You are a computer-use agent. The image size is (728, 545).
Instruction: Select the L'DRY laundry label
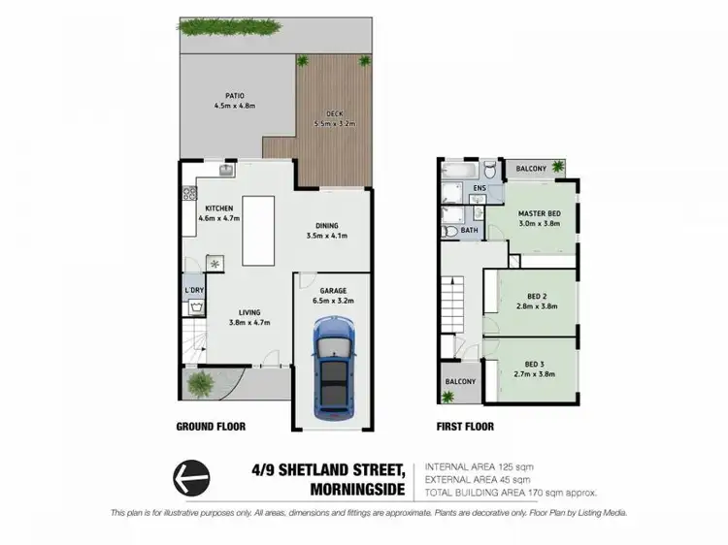pyautogui.click(x=194, y=291)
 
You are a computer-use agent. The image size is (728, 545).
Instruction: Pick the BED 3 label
pyautogui.click(x=538, y=367)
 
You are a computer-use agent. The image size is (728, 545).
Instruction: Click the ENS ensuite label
pyautogui.click(x=479, y=188)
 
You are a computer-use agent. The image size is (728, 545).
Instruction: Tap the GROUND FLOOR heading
pyautogui.click(x=211, y=427)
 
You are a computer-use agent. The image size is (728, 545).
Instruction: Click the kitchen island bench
pyautogui.click(x=259, y=230)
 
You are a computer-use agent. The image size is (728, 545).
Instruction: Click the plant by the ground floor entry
pyautogui.click(x=200, y=384)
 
